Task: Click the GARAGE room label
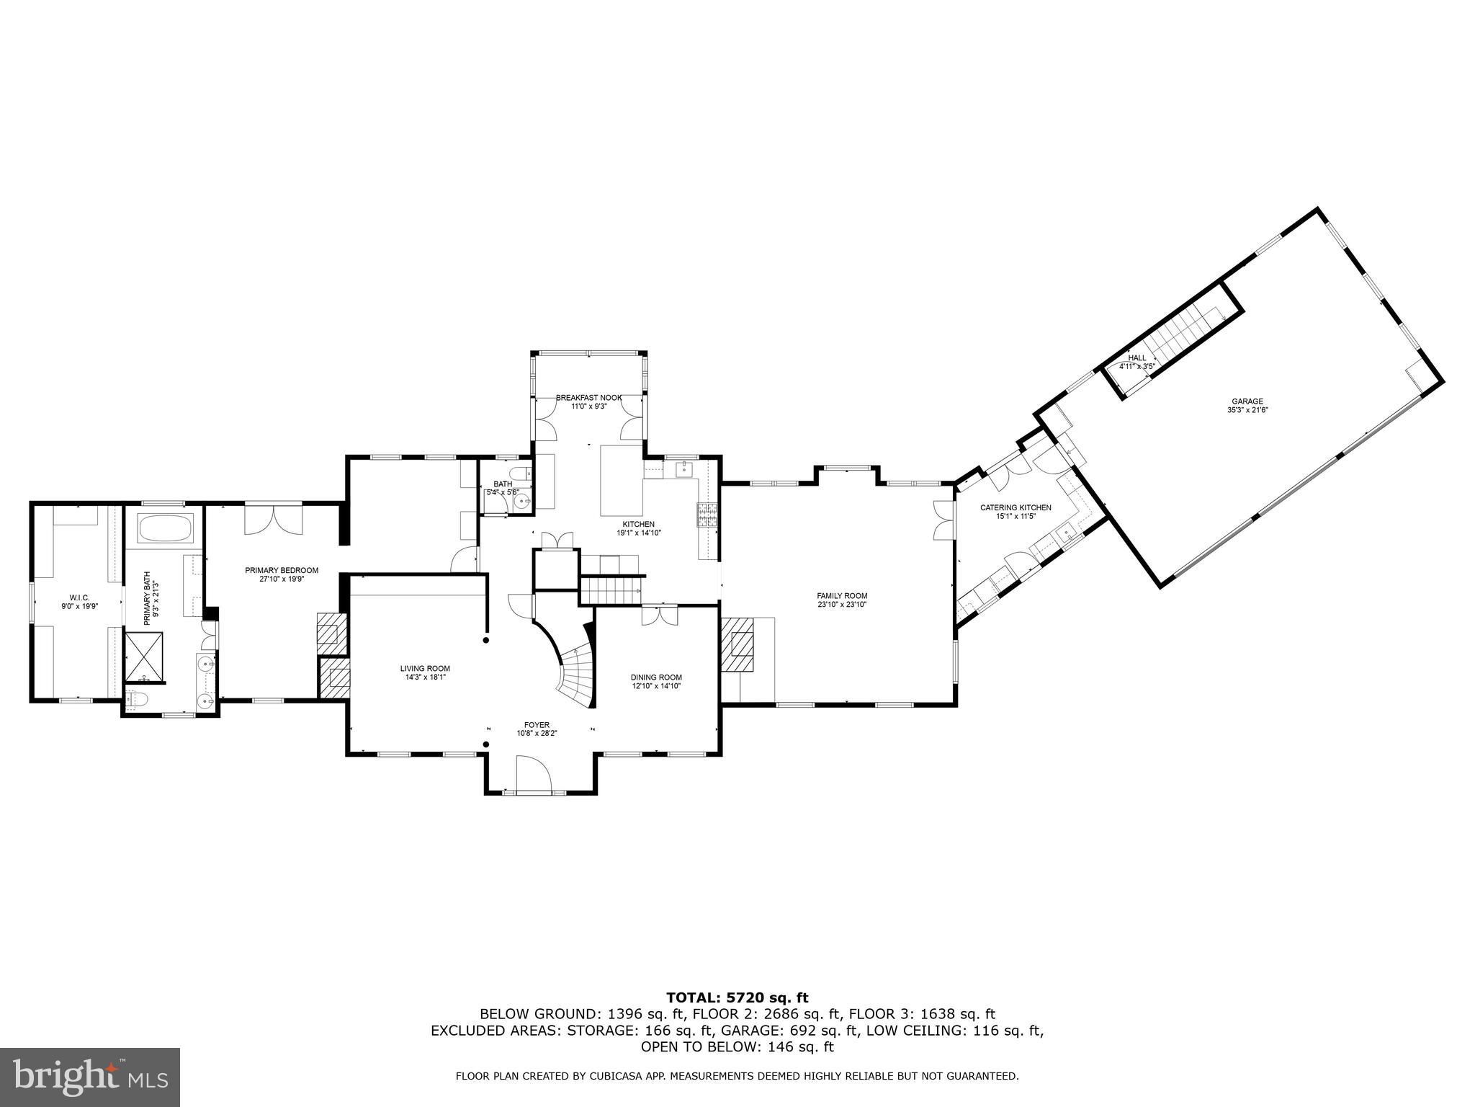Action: (1247, 401)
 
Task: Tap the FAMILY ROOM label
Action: (842, 595)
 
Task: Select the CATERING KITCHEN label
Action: (1016, 507)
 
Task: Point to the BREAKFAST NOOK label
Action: (588, 397)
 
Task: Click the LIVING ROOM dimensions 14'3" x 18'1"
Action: (425, 677)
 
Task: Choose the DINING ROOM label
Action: (656, 677)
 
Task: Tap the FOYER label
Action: (537, 725)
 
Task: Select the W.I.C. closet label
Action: (79, 597)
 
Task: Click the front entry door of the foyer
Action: (534, 775)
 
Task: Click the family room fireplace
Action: (739, 644)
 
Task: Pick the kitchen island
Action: (622, 480)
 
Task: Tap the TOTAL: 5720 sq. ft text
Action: (737, 997)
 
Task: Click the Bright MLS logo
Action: (90, 1077)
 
